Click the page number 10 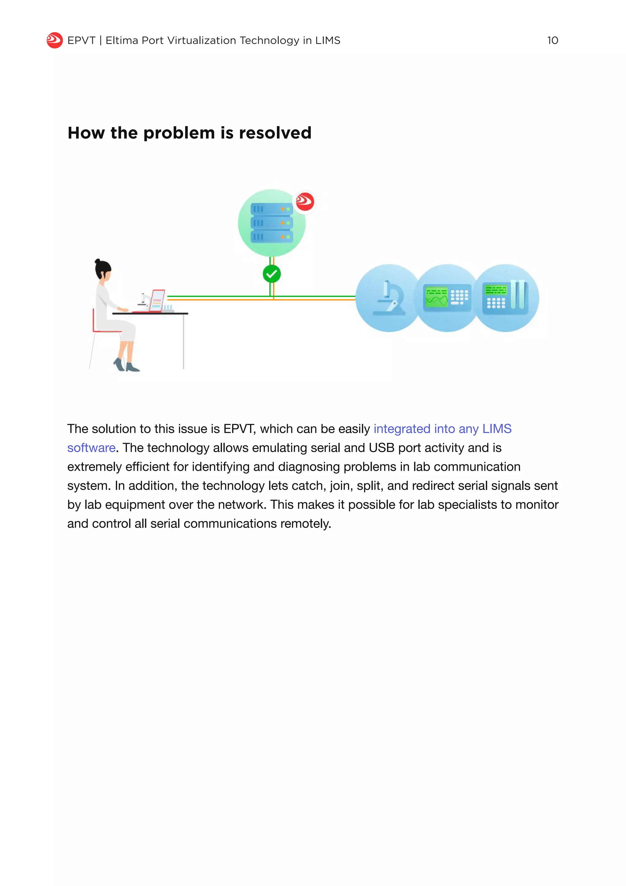click(x=552, y=40)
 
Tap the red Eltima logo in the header click(x=54, y=40)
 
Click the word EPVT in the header click(x=81, y=40)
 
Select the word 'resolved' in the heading click(x=275, y=133)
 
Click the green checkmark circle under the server click(x=272, y=274)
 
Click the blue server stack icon click(x=271, y=223)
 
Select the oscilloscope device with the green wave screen click(x=447, y=298)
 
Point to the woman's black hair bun click(x=98, y=261)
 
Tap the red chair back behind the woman click(x=94, y=320)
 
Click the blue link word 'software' click(x=91, y=448)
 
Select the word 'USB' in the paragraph click(x=381, y=448)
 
